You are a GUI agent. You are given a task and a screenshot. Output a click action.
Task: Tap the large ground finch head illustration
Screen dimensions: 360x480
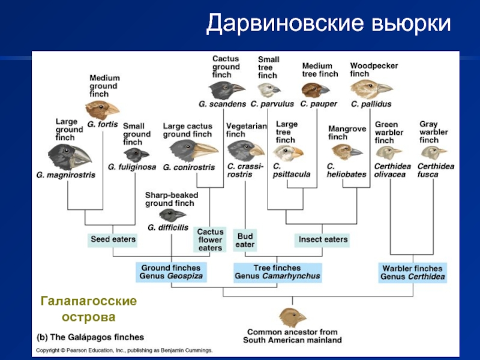click(70, 157)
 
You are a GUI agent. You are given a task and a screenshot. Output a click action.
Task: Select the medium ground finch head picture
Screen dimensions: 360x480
click(102, 109)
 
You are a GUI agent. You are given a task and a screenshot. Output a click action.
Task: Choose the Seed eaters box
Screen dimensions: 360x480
click(113, 239)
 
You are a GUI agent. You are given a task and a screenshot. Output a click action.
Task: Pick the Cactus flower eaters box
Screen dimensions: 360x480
click(210, 240)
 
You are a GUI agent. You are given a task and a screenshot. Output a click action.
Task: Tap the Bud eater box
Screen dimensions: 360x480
click(245, 240)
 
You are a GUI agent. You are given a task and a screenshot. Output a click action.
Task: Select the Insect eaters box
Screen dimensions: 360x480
click(323, 239)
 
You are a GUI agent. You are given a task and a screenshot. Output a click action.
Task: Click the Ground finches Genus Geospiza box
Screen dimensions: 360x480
click(171, 272)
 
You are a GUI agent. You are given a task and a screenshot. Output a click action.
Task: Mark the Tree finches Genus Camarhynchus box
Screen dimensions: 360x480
click(277, 272)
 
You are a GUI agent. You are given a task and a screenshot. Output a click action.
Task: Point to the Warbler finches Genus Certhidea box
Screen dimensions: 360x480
click(412, 273)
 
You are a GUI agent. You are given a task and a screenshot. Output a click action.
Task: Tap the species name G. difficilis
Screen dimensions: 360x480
click(167, 227)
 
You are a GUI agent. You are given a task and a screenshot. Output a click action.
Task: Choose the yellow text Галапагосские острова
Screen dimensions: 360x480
click(88, 308)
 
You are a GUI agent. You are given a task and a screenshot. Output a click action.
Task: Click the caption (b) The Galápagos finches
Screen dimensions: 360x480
click(91, 337)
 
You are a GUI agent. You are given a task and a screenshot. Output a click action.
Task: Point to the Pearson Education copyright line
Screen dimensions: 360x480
click(125, 350)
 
